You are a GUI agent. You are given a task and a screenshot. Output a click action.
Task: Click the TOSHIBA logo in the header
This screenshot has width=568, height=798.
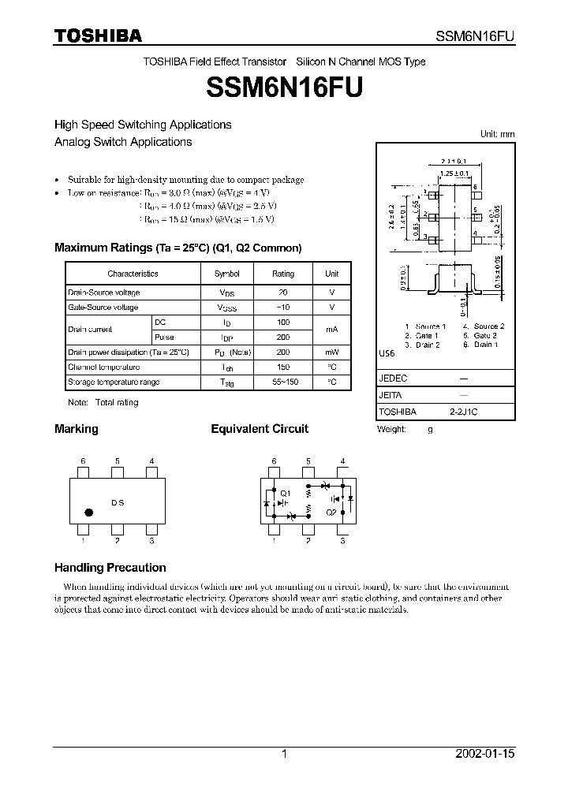point(98,35)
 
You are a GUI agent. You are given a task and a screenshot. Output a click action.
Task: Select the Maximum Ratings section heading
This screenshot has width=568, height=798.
point(177,248)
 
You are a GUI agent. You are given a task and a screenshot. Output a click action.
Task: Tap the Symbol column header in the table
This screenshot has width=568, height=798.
point(226,274)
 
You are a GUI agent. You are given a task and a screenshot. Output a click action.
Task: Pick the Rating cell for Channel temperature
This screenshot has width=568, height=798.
point(283,367)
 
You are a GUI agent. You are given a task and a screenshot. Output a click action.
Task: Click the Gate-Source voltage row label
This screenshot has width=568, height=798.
point(103,308)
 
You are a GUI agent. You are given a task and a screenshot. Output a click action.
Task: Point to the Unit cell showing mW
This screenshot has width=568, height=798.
point(331,352)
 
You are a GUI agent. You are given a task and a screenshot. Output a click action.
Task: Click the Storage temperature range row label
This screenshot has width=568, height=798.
point(114,382)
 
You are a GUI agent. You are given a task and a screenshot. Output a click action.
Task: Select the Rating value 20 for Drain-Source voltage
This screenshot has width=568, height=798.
point(283,293)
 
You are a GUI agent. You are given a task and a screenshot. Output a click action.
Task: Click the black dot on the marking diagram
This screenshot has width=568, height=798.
point(88,512)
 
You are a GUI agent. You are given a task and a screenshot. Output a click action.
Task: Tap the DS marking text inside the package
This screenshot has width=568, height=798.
point(118,503)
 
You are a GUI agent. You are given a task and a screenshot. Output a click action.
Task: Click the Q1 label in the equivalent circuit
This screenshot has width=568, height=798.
point(286,493)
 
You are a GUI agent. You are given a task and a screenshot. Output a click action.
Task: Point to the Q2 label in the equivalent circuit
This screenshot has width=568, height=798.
point(331,513)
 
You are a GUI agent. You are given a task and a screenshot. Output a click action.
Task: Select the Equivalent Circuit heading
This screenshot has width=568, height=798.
point(260,429)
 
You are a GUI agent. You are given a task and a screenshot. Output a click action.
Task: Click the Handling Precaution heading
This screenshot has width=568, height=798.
point(110,568)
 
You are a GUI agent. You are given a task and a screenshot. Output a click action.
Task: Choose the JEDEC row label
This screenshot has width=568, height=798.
point(393,378)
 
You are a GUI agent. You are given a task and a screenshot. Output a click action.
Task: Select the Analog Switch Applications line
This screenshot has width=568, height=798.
point(123,142)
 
